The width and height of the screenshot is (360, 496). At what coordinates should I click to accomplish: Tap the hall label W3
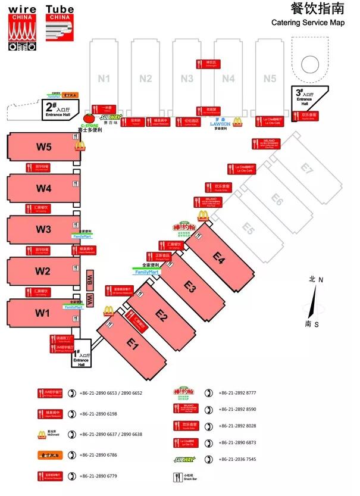pyautogui.click(x=44, y=229)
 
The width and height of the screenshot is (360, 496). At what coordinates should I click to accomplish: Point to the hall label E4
pyautogui.click(x=219, y=258)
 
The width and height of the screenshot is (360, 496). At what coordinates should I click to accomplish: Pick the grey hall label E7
pyautogui.click(x=306, y=169)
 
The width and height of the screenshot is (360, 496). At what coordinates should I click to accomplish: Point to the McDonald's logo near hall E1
pyautogui.click(x=108, y=310)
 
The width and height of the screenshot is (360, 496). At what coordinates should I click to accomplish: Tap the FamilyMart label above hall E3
pyautogui.click(x=148, y=272)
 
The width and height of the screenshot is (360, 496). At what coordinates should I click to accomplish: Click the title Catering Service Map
pyautogui.click(x=308, y=23)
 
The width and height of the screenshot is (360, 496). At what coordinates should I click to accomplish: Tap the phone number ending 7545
pyautogui.click(x=237, y=459)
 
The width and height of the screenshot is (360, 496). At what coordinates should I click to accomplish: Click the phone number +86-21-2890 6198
pyautogui.click(x=103, y=413)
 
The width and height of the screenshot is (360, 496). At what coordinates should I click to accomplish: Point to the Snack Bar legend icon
pyautogui.click(x=176, y=477)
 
